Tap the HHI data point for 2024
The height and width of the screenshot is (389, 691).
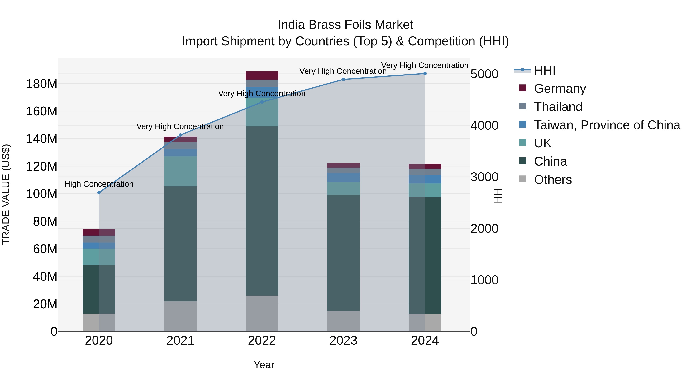425,74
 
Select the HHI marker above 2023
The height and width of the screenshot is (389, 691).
343,80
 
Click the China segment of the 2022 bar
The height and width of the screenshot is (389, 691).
262,211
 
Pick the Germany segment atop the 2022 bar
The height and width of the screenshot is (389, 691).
262,75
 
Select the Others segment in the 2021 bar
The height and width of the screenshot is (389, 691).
180,316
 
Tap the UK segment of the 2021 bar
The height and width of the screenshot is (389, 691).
180,171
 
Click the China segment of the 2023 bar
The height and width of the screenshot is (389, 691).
343,253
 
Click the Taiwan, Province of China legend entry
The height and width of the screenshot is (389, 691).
607,125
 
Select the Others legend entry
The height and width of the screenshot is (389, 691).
553,180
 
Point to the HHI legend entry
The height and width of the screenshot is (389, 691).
545,70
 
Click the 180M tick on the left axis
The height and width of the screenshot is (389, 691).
42,84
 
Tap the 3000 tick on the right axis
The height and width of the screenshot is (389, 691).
484,177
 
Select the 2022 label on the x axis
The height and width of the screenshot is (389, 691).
262,341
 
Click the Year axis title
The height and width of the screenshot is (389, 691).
264,365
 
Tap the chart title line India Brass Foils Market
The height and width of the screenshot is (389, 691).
345,25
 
